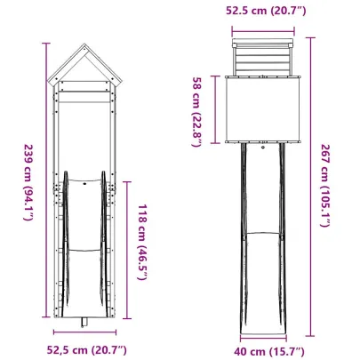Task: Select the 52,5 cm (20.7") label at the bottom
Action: (86, 348)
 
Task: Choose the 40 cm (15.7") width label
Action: (262, 348)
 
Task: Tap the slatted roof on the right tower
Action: (261, 61)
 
